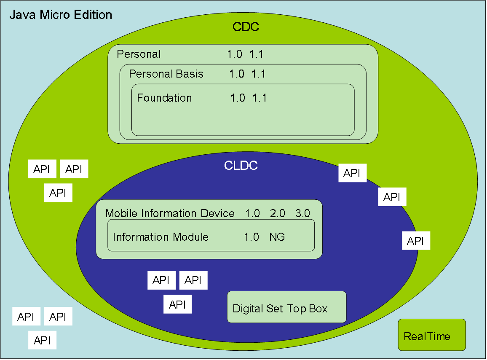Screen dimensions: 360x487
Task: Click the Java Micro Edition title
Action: (x=61, y=15)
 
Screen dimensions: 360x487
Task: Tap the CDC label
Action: (x=246, y=27)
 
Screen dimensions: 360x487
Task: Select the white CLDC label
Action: (x=241, y=166)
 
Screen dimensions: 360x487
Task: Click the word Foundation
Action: (x=164, y=98)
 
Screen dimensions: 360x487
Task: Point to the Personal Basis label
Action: (x=166, y=74)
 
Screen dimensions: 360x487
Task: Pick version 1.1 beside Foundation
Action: (x=260, y=98)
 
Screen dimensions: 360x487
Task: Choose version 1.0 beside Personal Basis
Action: (x=236, y=74)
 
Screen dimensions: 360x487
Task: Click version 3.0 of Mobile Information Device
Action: (x=302, y=214)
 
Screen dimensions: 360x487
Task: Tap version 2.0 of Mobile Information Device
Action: (x=278, y=214)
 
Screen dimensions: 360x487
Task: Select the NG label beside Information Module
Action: (x=277, y=237)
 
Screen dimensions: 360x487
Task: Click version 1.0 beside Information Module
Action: (x=252, y=237)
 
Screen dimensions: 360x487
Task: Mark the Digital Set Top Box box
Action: (x=286, y=307)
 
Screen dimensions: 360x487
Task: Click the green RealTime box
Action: (x=432, y=335)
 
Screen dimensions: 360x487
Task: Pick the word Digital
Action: (x=248, y=309)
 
